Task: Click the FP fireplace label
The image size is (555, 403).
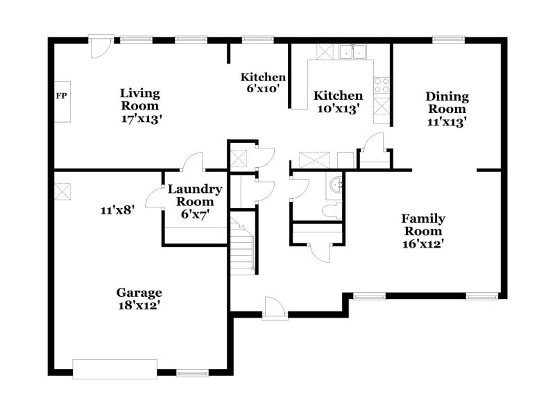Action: click(x=60, y=96)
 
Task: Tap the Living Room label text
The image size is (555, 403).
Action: click(x=139, y=99)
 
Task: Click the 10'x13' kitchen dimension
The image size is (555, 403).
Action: click(x=337, y=108)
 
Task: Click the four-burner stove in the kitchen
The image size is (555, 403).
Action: click(x=382, y=85)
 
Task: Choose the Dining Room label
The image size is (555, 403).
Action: click(x=447, y=103)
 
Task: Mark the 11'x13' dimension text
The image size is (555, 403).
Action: click(x=446, y=122)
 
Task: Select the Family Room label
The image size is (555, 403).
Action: click(x=424, y=225)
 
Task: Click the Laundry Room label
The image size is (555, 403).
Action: click(x=195, y=195)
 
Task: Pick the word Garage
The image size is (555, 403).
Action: click(x=139, y=292)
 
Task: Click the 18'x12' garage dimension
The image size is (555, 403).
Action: click(x=139, y=305)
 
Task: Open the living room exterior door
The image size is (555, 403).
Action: click(x=101, y=47)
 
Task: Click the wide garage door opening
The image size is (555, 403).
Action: click(x=115, y=368)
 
